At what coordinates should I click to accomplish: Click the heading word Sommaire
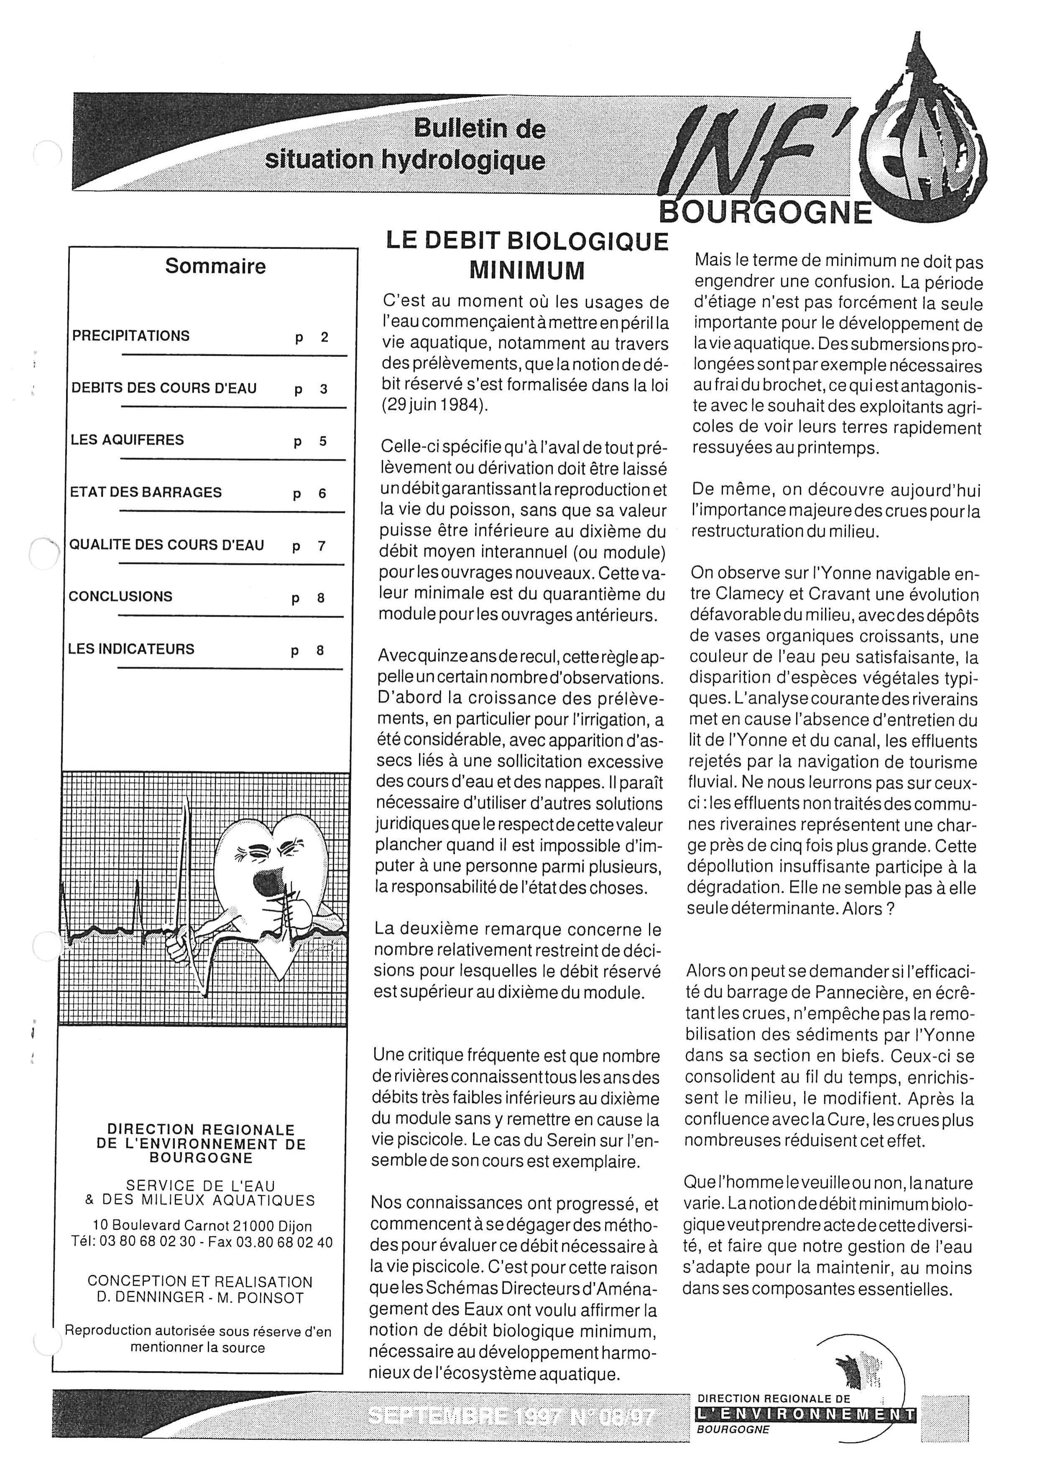[x=215, y=266]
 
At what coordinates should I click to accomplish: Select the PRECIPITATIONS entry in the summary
[x=131, y=336]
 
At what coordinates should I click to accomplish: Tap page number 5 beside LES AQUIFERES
[x=322, y=441]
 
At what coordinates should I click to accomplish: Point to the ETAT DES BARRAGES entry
[x=146, y=493]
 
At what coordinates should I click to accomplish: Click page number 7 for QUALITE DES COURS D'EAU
[x=321, y=546]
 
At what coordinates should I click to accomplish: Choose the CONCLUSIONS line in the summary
[x=121, y=597]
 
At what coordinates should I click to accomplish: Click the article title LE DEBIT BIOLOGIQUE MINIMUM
[x=527, y=254]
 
